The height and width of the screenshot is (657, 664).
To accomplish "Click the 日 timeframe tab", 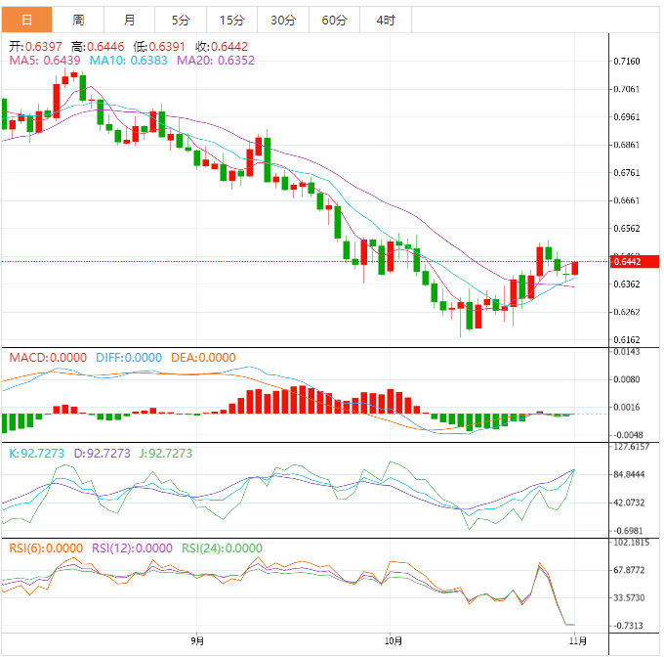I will coord(25,20).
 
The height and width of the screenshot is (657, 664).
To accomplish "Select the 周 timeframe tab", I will coord(78,20).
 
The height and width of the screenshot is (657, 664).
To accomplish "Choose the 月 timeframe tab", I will coord(130,20).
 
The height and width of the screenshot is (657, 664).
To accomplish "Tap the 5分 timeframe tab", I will coord(181,20).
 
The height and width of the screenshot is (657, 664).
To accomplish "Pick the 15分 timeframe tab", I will coord(232,20).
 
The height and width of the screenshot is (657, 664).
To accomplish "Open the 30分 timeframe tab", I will coord(283,20).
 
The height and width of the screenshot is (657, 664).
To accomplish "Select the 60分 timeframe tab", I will coord(334,20).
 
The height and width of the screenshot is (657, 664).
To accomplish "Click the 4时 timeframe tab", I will coord(385,20).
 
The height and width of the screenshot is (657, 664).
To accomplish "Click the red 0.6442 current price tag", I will coord(626,261).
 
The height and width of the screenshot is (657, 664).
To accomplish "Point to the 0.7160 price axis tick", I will coord(627,62).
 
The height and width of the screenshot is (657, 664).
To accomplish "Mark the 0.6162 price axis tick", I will coord(627,340).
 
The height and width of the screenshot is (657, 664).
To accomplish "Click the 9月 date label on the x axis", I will coord(198,641).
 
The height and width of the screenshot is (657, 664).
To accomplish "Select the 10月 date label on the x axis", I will coord(394,641).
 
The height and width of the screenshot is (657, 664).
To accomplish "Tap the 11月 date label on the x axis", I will coord(578,641).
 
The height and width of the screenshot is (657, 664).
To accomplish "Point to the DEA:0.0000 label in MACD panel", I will coord(203,358).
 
